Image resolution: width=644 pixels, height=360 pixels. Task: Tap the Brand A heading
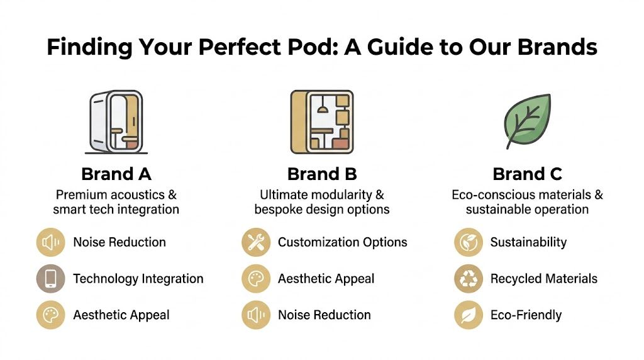point(116,174)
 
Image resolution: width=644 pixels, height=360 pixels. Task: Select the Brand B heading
point(321,174)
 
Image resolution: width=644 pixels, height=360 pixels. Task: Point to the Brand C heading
point(527,174)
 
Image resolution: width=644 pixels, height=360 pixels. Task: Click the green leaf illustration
point(527,121)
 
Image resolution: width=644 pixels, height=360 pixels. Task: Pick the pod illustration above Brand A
point(115,122)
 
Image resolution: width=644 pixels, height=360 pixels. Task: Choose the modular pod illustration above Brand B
point(321,121)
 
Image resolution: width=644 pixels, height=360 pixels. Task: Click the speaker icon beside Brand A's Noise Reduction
point(50,243)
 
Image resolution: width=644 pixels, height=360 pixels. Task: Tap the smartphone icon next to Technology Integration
point(50,279)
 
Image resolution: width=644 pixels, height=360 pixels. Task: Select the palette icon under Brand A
point(50,315)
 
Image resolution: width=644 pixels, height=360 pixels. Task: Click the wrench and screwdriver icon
point(256,243)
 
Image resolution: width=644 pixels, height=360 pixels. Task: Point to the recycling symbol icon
point(469,279)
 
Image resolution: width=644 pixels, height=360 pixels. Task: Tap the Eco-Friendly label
point(526,315)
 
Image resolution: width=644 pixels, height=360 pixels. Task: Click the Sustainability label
point(528,242)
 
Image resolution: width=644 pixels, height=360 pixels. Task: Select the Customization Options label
point(342,242)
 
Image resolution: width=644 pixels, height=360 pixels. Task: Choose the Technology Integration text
point(138,279)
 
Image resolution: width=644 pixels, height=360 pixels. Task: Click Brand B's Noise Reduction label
point(324,315)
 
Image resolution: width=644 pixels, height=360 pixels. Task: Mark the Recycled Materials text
point(543,279)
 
